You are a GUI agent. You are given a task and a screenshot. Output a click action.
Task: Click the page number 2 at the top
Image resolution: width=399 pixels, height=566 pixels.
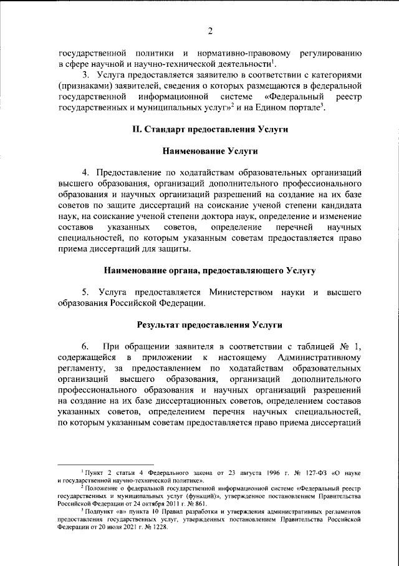click(210, 32)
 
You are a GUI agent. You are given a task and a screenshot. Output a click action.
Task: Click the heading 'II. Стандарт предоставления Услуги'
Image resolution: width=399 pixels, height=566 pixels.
click(209, 129)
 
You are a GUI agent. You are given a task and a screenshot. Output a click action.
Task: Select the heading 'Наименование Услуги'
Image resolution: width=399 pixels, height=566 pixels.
click(209, 151)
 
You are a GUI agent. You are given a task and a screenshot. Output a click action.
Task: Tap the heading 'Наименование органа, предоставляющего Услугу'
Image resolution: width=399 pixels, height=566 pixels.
click(209, 270)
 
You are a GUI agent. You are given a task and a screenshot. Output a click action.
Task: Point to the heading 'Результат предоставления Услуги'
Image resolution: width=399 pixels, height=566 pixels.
click(209, 325)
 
